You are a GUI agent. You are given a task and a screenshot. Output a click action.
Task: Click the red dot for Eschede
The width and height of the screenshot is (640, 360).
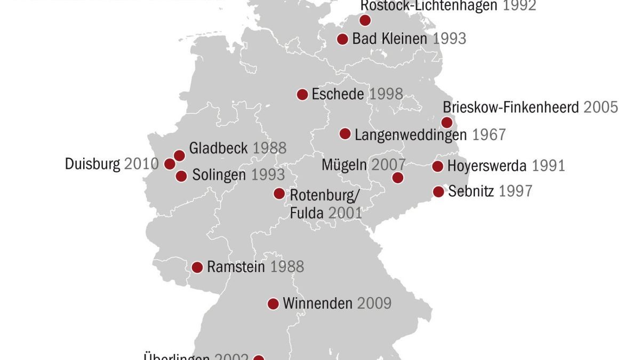[x=302, y=95]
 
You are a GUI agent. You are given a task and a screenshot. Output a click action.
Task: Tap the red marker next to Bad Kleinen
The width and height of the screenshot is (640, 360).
[x=343, y=39]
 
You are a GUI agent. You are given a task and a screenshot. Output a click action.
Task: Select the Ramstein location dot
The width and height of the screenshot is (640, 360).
[x=197, y=267]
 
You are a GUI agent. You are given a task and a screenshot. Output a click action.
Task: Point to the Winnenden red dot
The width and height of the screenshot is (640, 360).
[x=273, y=304]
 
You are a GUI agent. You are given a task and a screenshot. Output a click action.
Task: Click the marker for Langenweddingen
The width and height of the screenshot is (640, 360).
[x=345, y=134]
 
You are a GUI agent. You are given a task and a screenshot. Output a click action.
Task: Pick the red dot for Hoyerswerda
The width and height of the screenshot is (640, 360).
[x=437, y=166]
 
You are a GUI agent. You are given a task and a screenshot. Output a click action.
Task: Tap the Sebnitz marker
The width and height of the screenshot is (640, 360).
[x=438, y=191]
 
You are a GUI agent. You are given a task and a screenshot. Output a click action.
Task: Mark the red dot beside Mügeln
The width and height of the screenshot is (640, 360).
[x=397, y=178]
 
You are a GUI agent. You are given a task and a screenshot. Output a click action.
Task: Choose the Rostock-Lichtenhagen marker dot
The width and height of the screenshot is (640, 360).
[x=365, y=20]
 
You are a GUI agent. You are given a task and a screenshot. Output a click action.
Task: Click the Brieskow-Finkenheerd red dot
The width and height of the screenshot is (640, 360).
[x=447, y=123]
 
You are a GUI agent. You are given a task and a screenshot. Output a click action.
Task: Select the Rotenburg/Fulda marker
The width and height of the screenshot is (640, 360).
[x=279, y=194]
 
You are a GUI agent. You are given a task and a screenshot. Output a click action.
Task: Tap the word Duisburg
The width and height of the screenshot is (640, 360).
[x=92, y=164]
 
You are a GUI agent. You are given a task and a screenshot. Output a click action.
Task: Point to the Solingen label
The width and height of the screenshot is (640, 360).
[x=219, y=175]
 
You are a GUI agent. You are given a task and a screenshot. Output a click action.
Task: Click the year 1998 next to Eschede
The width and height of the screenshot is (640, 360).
[x=386, y=95]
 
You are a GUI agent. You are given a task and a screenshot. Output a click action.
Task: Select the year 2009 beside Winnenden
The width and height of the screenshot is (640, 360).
[x=374, y=304]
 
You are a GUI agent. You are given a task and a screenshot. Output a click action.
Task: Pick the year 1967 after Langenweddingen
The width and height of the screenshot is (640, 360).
[x=489, y=134]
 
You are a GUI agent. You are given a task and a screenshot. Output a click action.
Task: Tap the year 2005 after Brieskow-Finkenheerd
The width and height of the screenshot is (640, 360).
[x=601, y=107]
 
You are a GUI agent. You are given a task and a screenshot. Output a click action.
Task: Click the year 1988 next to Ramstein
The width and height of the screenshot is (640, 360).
[x=287, y=267]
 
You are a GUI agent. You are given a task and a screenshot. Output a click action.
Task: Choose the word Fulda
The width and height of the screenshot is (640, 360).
[x=307, y=213]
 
